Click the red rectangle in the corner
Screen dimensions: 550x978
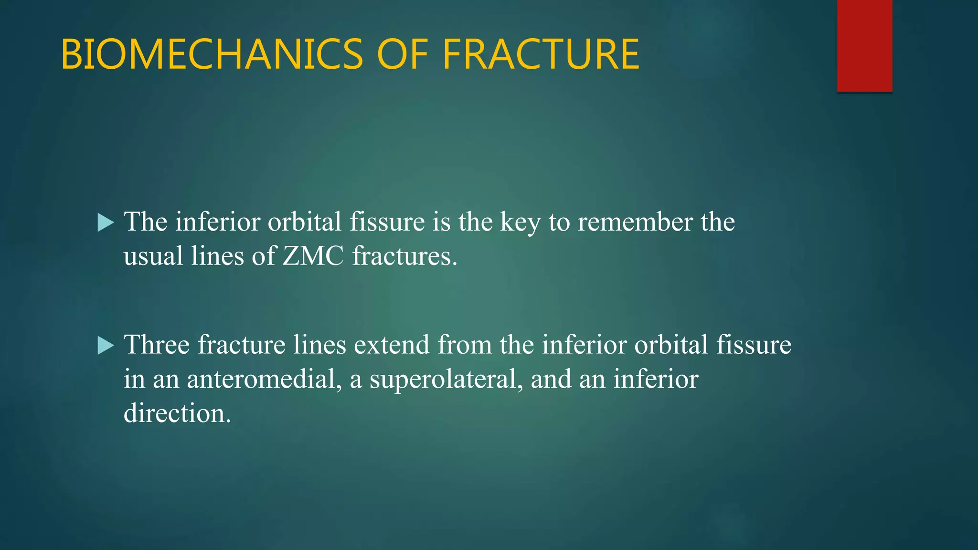[x=864, y=45]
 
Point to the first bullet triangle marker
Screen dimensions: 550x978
[x=106, y=222]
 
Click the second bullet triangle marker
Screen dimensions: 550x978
[x=106, y=345]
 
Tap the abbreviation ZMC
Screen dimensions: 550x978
[x=313, y=256]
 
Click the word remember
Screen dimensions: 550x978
[x=635, y=222]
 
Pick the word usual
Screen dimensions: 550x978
[x=153, y=256]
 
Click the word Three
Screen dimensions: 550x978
[x=157, y=345]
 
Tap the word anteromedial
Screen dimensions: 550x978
[x=264, y=379]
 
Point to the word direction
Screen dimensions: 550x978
[x=177, y=413]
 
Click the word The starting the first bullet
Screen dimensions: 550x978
[x=146, y=222]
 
